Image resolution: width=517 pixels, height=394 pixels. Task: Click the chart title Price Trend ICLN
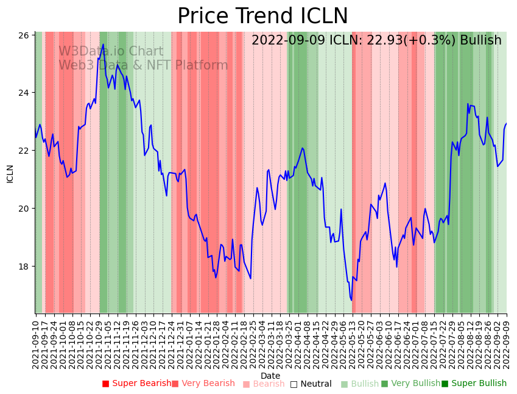[x=262, y=16]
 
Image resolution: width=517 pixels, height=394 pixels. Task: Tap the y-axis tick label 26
[x=24, y=35]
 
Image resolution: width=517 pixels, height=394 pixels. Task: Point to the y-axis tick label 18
[x=24, y=267]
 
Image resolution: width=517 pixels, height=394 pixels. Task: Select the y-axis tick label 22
[x=24, y=151]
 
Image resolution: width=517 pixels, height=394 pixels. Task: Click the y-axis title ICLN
[x=10, y=173]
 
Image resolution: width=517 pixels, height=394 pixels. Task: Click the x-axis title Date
[x=270, y=376]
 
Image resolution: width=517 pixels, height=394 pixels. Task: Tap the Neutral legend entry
[x=311, y=384]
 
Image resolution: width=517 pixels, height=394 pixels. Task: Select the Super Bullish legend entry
[x=474, y=384]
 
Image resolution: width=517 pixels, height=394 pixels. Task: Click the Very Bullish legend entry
[x=410, y=384]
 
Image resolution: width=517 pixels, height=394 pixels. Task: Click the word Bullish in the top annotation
[x=480, y=41]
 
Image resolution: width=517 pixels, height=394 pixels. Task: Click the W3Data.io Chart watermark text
[x=111, y=52]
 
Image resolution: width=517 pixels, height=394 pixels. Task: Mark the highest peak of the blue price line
[x=103, y=45]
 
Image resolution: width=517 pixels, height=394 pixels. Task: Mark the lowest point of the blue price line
[x=351, y=300]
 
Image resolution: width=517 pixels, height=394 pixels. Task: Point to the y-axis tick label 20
[x=24, y=209]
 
